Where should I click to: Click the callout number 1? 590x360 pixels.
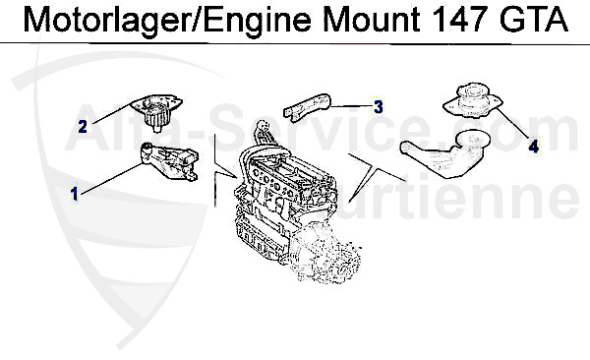(74, 194)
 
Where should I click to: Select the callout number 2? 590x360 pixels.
(84, 125)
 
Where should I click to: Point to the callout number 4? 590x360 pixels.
(532, 147)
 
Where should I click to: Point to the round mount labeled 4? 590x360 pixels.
(474, 101)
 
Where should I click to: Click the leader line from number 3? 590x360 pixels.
(351, 105)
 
